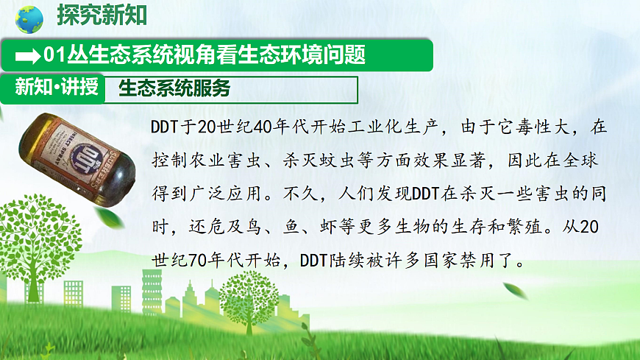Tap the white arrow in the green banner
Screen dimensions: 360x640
28,55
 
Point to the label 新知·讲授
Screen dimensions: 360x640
56,88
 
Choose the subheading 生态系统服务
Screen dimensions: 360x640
174,89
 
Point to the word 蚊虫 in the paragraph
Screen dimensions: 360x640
343,160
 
